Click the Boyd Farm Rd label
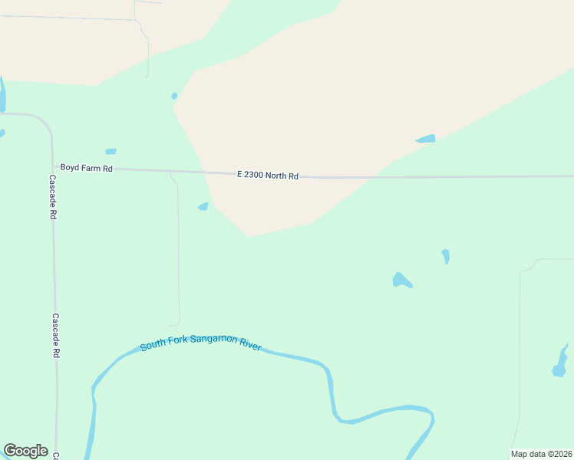pyautogui.click(x=87, y=168)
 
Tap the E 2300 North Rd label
pyautogui.click(x=268, y=176)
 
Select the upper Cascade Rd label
pyautogui.click(x=53, y=197)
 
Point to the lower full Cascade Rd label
pyautogui.click(x=55, y=336)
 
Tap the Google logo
pyautogui.click(x=25, y=451)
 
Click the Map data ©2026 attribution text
pyautogui.click(x=542, y=454)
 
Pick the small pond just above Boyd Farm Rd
pyautogui.click(x=111, y=152)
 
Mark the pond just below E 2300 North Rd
pyautogui.click(x=203, y=206)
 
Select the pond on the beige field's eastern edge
pyautogui.click(x=426, y=139)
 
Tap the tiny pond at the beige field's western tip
pyautogui.click(x=174, y=96)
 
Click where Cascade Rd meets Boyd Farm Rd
pyautogui.click(x=53, y=166)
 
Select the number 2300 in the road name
pyautogui.click(x=257, y=175)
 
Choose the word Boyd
pyautogui.click(x=70, y=167)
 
